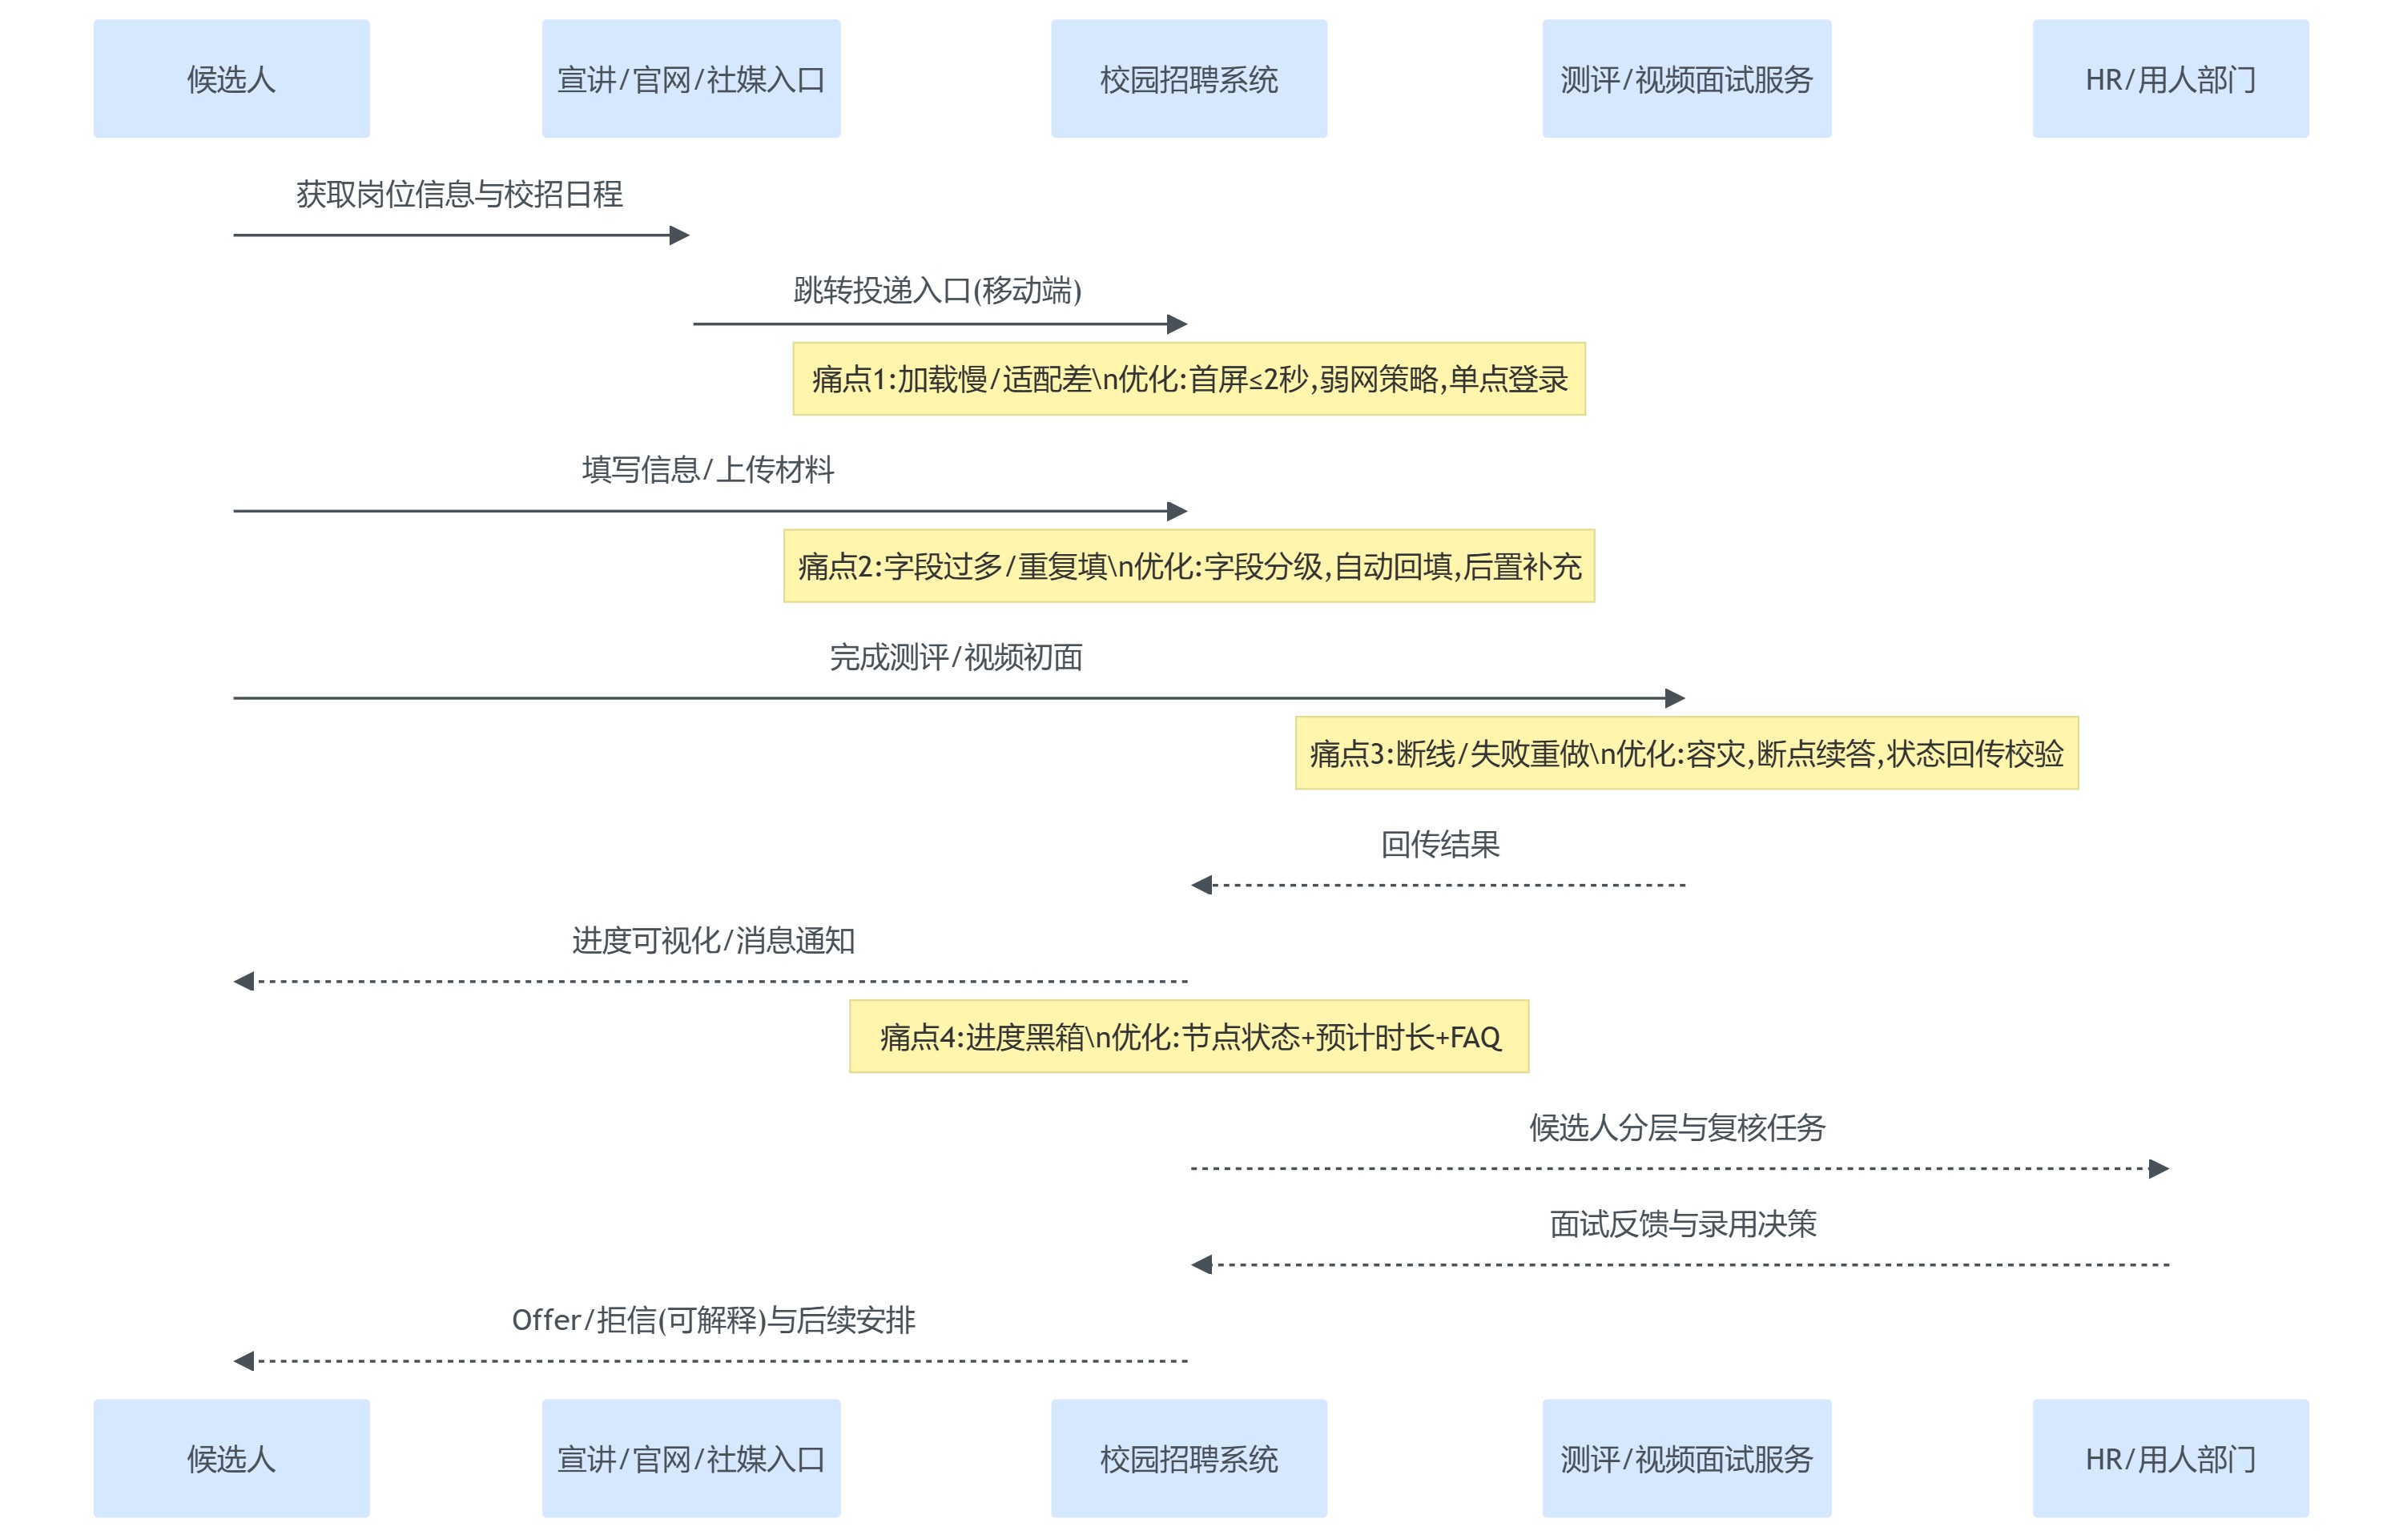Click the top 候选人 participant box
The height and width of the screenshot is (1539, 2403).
click(231, 79)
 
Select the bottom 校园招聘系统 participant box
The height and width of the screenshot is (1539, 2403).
click(1188, 1457)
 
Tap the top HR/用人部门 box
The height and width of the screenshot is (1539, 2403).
click(2169, 79)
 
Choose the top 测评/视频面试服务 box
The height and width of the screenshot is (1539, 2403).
click(1685, 79)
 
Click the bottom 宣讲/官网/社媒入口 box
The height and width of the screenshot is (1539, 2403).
click(690, 1457)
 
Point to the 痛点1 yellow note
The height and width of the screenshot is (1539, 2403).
click(1189, 379)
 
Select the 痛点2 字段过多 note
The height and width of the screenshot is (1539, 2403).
click(1189, 565)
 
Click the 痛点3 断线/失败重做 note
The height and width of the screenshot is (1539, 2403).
click(1685, 753)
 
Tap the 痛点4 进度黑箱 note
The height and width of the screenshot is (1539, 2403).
click(1189, 1036)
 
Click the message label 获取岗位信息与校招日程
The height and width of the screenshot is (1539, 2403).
click(459, 194)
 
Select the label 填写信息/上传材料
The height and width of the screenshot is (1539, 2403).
click(708, 468)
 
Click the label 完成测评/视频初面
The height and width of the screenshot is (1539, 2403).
click(956, 657)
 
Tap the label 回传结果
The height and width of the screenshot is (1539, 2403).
click(1439, 845)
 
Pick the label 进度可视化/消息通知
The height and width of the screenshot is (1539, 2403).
click(713, 940)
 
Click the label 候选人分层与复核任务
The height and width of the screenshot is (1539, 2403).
click(1676, 1127)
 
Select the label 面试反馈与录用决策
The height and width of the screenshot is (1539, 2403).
click(1682, 1224)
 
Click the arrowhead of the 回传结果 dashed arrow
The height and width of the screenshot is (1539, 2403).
click(1201, 885)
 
